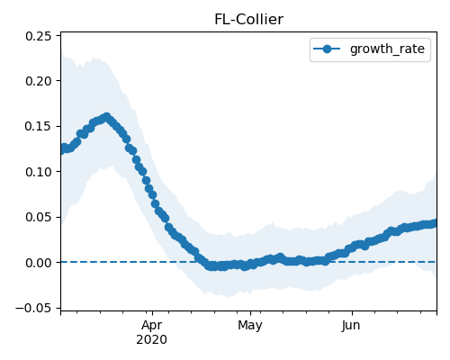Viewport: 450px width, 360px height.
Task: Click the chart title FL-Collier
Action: [248, 20]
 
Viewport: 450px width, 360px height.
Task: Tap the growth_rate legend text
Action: [387, 49]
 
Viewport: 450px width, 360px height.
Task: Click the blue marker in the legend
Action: [327, 49]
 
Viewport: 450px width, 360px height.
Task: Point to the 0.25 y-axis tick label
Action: [39, 36]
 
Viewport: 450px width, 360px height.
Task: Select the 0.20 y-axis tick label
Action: [39, 81]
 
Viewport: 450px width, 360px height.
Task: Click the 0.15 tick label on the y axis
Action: [39, 126]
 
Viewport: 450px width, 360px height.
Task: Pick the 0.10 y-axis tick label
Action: [39, 172]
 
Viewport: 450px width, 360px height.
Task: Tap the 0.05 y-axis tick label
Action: [39, 217]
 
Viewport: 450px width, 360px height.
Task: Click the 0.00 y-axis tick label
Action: [39, 263]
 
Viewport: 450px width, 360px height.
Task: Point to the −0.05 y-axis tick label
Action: [33, 308]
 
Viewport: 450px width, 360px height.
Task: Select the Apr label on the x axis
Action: [152, 326]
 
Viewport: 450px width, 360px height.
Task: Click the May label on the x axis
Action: [250, 326]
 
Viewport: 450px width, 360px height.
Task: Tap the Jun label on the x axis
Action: [351, 326]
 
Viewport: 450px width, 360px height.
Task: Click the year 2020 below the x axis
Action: [151, 340]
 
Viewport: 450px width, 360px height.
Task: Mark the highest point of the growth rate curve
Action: [106, 117]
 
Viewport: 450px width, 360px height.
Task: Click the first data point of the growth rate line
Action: [61, 149]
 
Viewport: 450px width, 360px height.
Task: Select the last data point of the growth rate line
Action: [436, 223]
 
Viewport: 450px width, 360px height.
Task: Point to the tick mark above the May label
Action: [250, 313]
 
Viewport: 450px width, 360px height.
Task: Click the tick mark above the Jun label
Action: [352, 313]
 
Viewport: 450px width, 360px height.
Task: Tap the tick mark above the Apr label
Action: [152, 313]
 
